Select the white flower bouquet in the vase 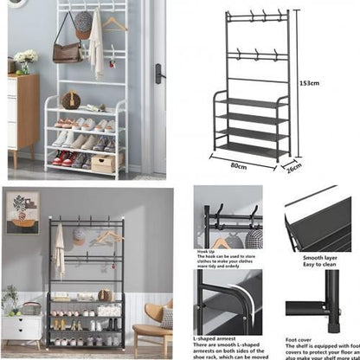click(25, 57)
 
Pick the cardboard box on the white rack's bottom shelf click(102, 164)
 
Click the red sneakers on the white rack click(63, 157)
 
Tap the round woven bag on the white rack click(71, 100)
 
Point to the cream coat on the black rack click(59, 251)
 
